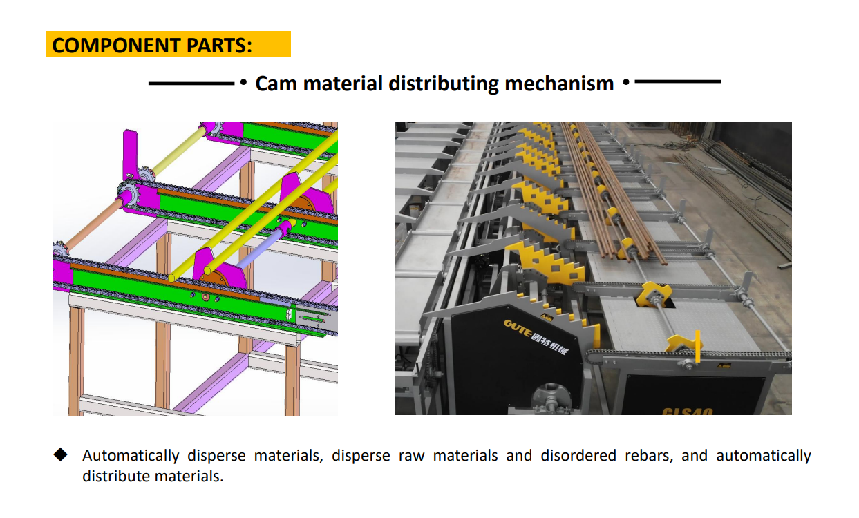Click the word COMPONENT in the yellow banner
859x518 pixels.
click(x=116, y=45)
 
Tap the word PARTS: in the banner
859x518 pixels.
click(x=219, y=45)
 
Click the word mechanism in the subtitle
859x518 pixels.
click(x=559, y=84)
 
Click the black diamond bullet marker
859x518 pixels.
click(x=60, y=454)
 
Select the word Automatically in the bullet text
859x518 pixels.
click(x=131, y=456)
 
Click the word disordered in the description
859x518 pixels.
click(x=578, y=456)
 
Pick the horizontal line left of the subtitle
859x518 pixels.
click(x=191, y=83)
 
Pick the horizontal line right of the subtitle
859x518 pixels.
click(x=678, y=81)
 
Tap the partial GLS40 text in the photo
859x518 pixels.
click(x=687, y=411)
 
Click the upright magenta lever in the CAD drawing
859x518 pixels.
click(x=130, y=154)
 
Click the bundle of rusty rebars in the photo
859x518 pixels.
click(x=610, y=191)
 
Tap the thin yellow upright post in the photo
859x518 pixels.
click(x=697, y=346)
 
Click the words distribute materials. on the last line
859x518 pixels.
click(x=153, y=477)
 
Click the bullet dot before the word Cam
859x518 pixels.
click(x=243, y=83)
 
